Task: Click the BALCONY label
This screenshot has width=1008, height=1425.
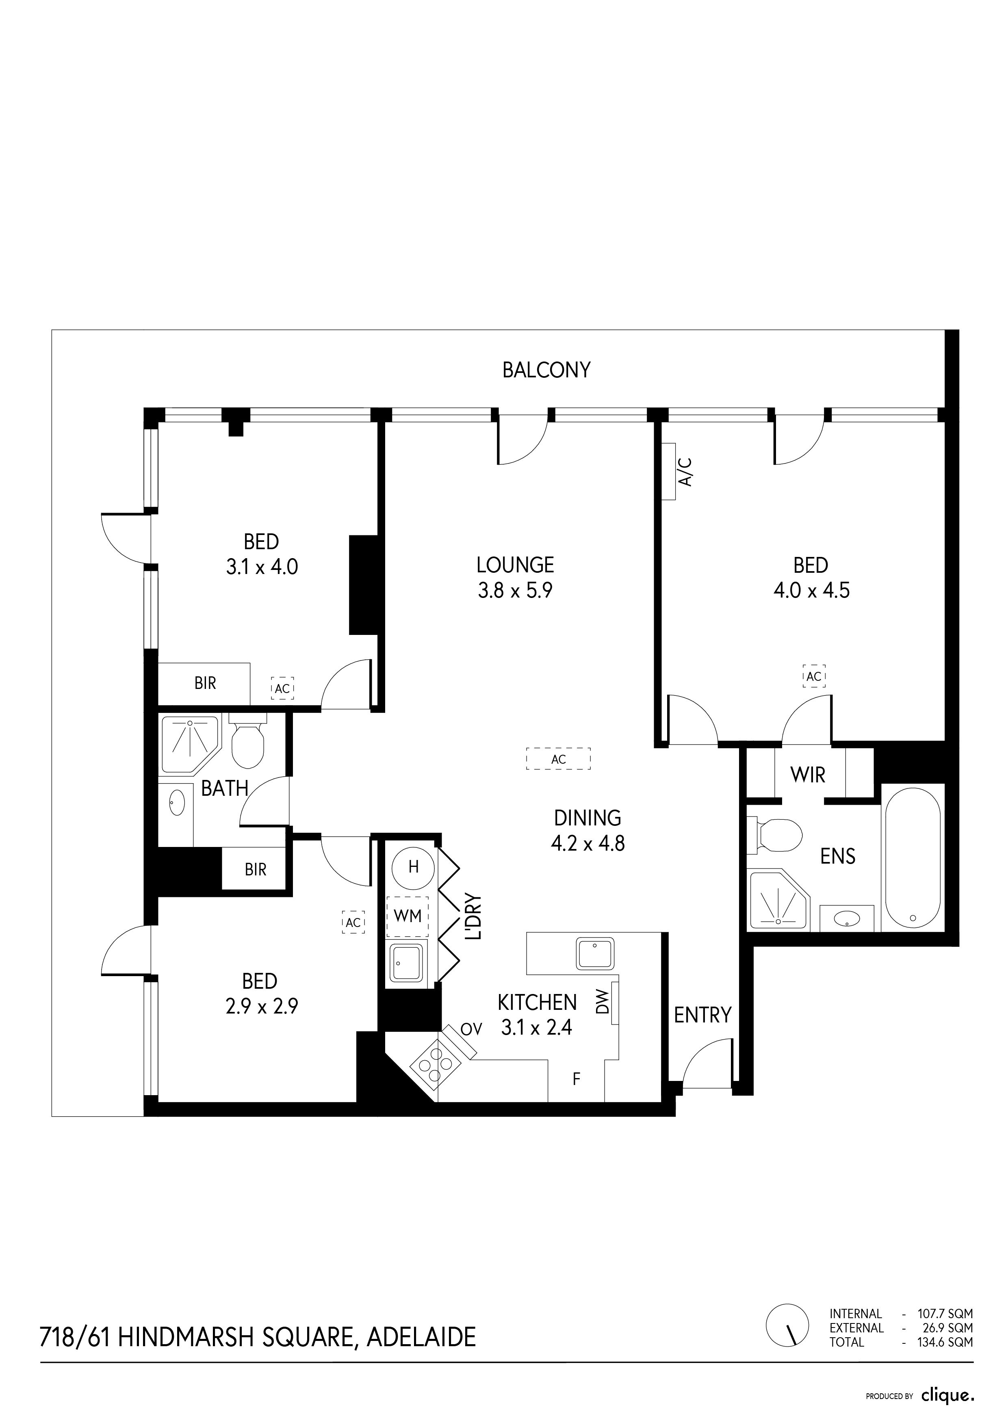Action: (x=546, y=370)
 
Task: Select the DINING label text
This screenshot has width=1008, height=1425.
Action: (x=587, y=818)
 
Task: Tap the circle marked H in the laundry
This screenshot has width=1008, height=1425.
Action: (x=413, y=867)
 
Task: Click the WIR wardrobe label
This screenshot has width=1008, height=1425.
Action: (x=808, y=775)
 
